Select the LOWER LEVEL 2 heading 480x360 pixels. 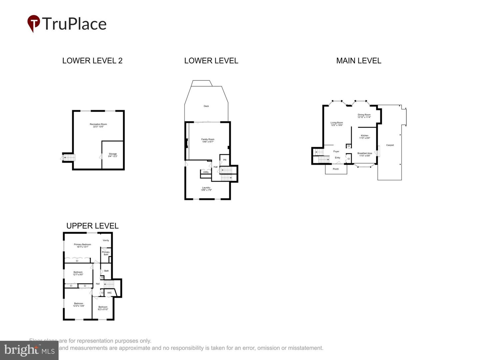tap(92, 61)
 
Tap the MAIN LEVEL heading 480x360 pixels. tap(359, 61)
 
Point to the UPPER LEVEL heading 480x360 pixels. tap(92, 226)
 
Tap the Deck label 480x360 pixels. tap(206, 106)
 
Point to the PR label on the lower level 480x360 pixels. tap(225, 160)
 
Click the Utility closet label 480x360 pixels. tap(206, 172)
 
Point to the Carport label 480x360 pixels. tap(390, 145)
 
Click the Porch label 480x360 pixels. tap(336, 169)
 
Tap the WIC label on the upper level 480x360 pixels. tap(109, 293)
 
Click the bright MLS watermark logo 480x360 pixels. tap(29, 350)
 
